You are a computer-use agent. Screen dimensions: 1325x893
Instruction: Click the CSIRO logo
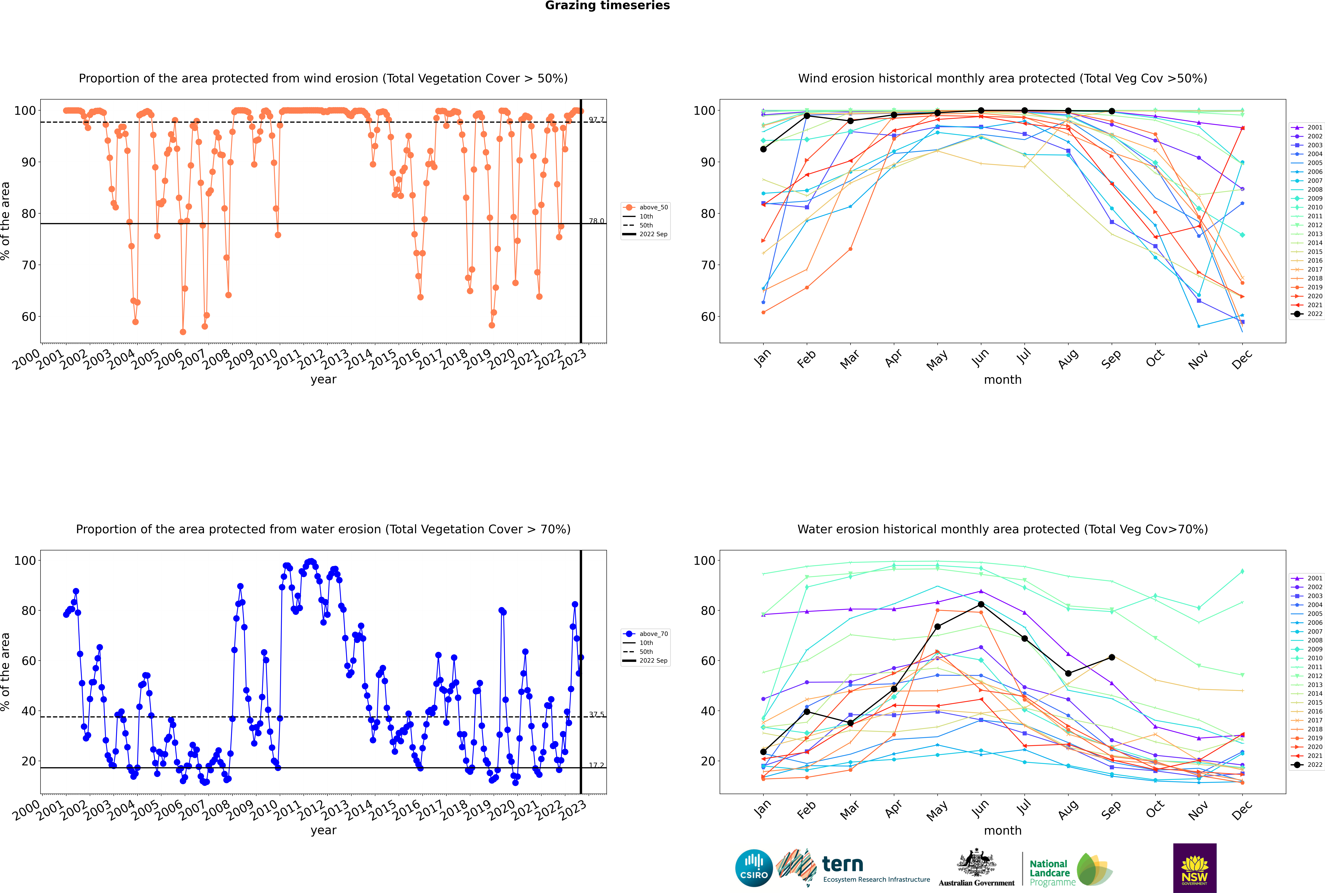tap(754, 868)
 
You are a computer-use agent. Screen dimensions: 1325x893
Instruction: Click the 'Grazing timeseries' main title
tap(607, 6)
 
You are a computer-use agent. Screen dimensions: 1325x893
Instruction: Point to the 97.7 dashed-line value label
tap(596, 120)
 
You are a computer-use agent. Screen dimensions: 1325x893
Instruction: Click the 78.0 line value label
tap(596, 221)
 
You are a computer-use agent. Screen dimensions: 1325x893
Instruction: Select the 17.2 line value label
tap(596, 765)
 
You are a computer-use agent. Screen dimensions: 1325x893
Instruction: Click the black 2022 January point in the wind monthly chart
tap(763, 149)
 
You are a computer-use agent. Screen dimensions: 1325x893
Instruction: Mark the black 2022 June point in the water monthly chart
tap(981, 604)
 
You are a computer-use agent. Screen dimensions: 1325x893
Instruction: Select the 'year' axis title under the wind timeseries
tap(324, 380)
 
